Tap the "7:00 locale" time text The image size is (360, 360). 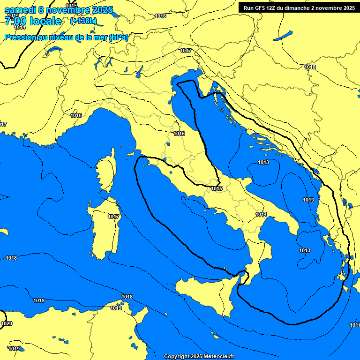[x=33, y=21]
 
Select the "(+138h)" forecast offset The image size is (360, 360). [x=83, y=21]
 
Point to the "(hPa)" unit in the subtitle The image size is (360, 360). [x=118, y=37]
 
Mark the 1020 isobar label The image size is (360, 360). [x=7, y=324]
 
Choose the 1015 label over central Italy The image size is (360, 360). [x=217, y=188]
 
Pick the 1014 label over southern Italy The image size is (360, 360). [x=261, y=214]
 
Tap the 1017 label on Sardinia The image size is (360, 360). [x=113, y=217]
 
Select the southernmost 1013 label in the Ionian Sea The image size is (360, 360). [x=305, y=250]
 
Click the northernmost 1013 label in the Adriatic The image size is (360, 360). [x=263, y=162]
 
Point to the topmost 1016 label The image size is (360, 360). [x=160, y=16]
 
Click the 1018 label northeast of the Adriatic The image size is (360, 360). [x=310, y=67]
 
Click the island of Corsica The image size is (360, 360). [x=107, y=171]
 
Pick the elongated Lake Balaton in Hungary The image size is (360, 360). [x=284, y=36]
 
